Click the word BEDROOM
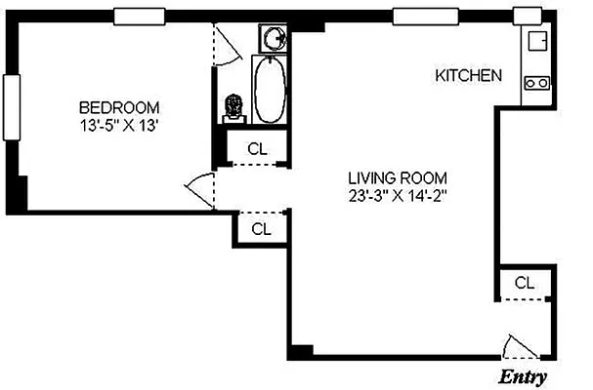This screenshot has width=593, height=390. click(x=119, y=107)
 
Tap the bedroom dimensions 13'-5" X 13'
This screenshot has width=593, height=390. click(x=119, y=125)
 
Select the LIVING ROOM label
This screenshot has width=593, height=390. click(x=398, y=177)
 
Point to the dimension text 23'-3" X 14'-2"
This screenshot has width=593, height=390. click(x=398, y=195)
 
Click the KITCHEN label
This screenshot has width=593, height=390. click(x=469, y=75)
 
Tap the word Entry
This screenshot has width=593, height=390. click(x=524, y=377)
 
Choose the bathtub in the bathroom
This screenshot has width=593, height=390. click(x=270, y=90)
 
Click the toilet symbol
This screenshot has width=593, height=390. click(x=233, y=106)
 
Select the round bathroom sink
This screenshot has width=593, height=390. click(x=275, y=39)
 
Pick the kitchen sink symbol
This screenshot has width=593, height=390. click(x=536, y=42)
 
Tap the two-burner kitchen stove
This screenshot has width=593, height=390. click(x=536, y=84)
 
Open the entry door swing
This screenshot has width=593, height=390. click(x=517, y=347)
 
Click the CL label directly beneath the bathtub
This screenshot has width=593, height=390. click(x=257, y=149)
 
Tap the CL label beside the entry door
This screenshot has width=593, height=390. click(x=525, y=284)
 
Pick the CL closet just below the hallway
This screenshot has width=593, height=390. click(x=261, y=230)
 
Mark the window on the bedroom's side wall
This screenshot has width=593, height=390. click(x=12, y=107)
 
